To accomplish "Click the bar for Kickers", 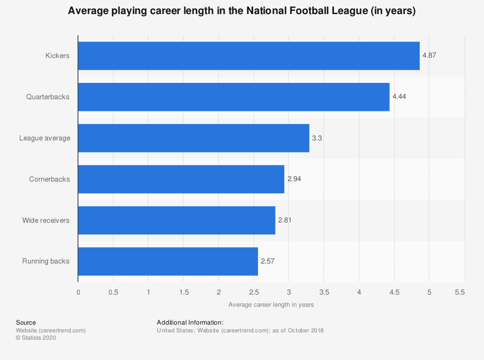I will pos(249,56).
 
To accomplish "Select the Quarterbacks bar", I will pos(234,97).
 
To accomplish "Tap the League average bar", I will pos(193,138).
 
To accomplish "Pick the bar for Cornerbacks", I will pos(181,179).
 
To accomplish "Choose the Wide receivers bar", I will pos(177,220).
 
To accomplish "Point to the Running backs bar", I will pos(168,262).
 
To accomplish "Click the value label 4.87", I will pos(429,56).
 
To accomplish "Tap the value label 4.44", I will pos(399,97).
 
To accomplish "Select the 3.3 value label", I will pos(316,138).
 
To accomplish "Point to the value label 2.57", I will pos(267,262).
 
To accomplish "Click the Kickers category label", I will pos(58,56).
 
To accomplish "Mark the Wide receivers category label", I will pos(46,220).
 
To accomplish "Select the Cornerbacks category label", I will pos(49,179).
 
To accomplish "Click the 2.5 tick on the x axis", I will pos(254,292).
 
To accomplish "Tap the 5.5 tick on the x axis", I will pos(459,292).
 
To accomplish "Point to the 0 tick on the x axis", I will pos(78,292).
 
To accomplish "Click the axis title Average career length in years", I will pos(271,304).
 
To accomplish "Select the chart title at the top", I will pos(242,11).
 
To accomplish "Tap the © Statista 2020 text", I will pos(36,338).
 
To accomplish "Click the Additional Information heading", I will pos(190,322).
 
